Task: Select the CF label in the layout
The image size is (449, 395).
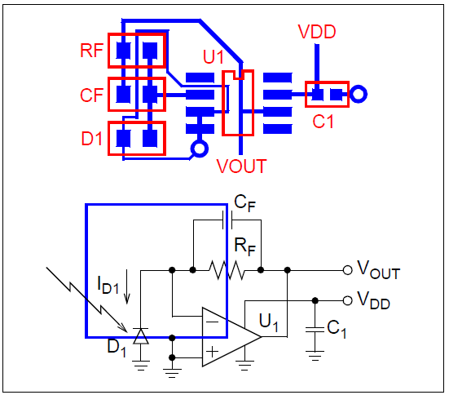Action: [x=90, y=95]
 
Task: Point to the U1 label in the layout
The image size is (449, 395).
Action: [x=214, y=58]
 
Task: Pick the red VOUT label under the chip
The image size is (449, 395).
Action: [x=241, y=166]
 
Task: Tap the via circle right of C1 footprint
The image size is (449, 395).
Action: [x=358, y=95]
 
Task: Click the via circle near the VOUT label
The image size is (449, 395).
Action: [x=197, y=149]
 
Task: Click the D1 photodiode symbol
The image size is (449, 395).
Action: [x=141, y=335]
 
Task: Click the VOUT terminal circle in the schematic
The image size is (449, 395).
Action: [x=349, y=269]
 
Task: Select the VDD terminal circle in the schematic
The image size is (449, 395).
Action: [x=349, y=300]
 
